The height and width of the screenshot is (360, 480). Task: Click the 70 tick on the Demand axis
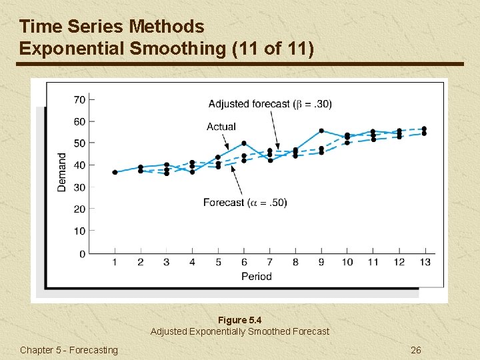pos(79,100)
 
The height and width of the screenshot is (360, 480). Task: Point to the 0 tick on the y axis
pos(82,253)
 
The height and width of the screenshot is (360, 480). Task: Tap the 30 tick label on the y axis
pos(79,187)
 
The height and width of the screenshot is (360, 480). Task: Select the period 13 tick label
pos(425,262)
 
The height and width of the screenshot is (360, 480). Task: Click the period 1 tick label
pos(115,262)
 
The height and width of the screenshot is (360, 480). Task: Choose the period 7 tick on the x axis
pos(269,262)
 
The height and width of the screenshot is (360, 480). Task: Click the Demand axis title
pos(62,172)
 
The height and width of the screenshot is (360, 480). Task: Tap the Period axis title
pos(256,276)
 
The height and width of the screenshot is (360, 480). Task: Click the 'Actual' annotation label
pos(221,127)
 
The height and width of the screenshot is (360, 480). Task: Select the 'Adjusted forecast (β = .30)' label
pos(269,103)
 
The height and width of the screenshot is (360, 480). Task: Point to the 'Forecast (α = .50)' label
pos(245,202)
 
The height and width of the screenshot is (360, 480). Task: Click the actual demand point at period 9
pos(321,131)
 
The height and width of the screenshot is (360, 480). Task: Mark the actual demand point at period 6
pos(244,143)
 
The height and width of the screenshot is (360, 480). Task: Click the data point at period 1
pos(115,172)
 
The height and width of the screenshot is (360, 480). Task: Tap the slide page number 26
pos(415,350)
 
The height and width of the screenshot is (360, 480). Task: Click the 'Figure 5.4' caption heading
pos(239,320)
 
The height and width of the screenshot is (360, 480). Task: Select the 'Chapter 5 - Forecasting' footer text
pos(69,350)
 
